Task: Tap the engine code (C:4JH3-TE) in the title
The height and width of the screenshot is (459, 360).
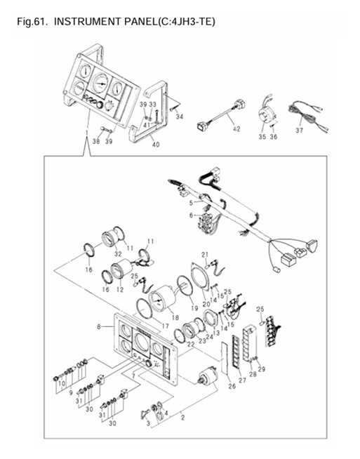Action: click(185, 22)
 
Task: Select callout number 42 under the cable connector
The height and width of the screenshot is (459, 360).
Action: click(236, 130)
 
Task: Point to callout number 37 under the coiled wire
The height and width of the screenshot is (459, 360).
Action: click(300, 130)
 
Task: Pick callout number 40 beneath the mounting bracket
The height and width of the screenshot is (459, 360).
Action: click(156, 145)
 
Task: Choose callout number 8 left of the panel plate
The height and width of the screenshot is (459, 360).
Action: click(100, 326)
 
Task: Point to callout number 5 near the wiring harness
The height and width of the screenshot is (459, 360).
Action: click(190, 202)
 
